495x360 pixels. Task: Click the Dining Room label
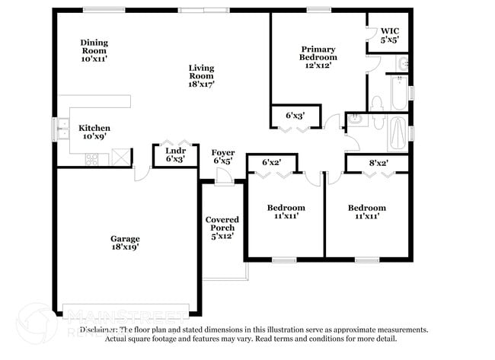[x=95, y=49]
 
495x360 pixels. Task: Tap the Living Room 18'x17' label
[x=202, y=75]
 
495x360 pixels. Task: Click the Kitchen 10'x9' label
[x=94, y=132]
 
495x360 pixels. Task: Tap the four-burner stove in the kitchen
[x=92, y=158]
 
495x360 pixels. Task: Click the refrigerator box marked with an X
[x=119, y=158]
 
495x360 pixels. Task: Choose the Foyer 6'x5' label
[x=222, y=157]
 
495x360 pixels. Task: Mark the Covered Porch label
[x=221, y=228]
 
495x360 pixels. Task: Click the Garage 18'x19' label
[x=125, y=242]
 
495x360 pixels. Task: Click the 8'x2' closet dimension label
[x=378, y=162]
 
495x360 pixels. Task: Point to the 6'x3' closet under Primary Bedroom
[x=295, y=115]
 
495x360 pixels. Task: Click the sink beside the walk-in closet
[x=402, y=63]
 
